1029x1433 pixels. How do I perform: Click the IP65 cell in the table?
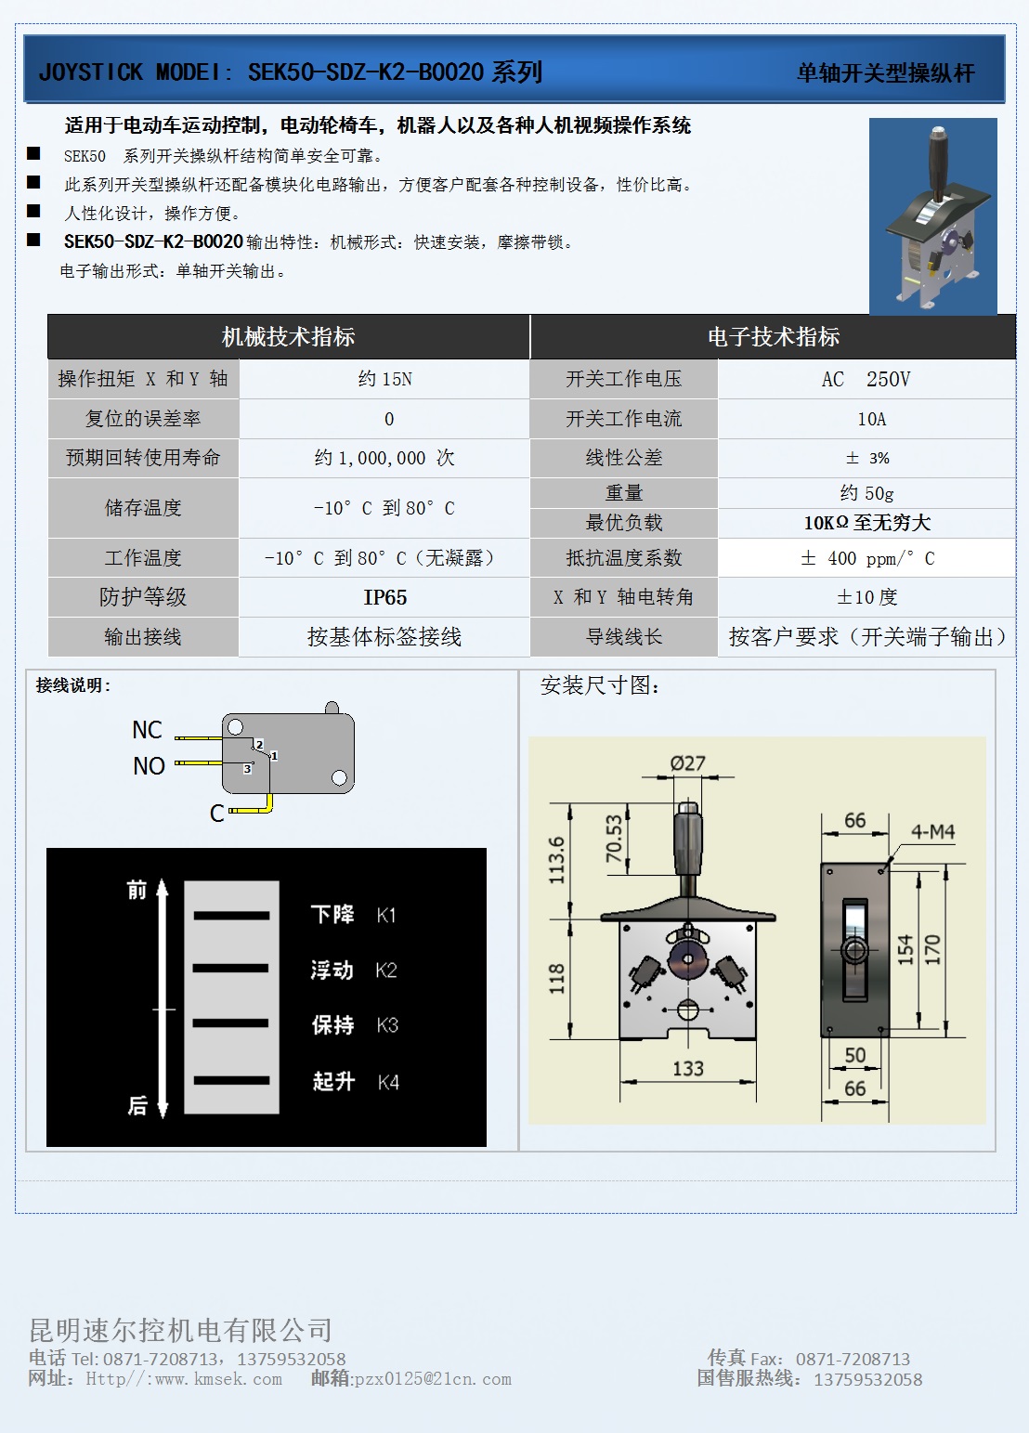coord(384,597)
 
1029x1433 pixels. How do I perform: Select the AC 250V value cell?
coord(866,379)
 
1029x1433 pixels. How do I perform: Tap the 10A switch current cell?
coord(871,419)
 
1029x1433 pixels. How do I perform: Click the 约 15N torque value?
coord(384,379)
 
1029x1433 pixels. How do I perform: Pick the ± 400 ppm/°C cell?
coord(866,558)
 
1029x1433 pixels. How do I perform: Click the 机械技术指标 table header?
coord(288,337)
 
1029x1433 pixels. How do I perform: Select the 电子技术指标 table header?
coord(773,337)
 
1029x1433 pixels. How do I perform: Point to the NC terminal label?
coord(147,730)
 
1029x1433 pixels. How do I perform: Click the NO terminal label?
coord(149,766)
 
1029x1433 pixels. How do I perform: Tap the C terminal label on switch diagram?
coord(216,814)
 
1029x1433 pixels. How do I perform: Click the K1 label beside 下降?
coord(386,916)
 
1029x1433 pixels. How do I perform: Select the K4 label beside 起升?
coord(388,1082)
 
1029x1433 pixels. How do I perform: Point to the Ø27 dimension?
coord(687,763)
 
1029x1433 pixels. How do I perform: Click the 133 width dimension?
coord(687,1069)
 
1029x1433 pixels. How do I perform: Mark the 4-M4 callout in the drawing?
coord(932,832)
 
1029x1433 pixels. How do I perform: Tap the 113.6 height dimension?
coord(556,859)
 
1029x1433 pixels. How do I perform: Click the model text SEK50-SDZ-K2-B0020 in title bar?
coord(366,72)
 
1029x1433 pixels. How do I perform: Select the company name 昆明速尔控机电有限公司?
coord(180,1330)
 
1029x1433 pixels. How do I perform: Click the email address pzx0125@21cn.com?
coord(433,1379)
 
